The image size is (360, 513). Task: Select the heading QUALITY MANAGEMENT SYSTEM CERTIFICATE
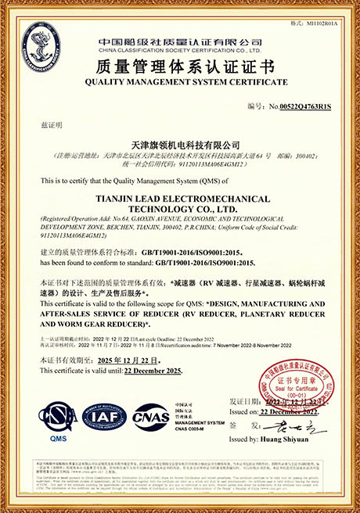click(179, 81)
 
